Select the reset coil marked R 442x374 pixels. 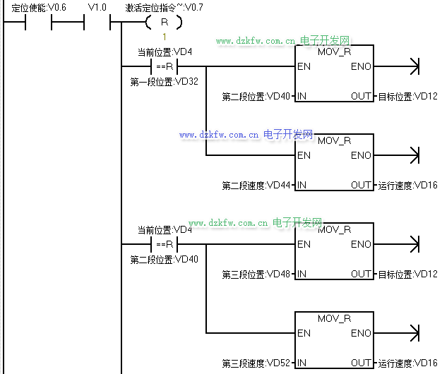pyautogui.click(x=164, y=23)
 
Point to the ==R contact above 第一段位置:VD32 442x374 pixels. pyautogui.click(x=164, y=67)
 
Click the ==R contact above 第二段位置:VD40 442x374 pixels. pyautogui.click(x=164, y=244)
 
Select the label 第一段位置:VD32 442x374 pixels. pyautogui.click(x=165, y=82)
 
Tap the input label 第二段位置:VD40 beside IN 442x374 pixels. pyautogui.click(x=256, y=96)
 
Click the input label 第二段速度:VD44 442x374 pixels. pyautogui.click(x=256, y=185)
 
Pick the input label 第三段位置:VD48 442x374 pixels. pyautogui.click(x=256, y=274)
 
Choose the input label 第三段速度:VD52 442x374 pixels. pyautogui.click(x=256, y=363)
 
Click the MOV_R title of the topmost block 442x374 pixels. pyautogui.click(x=335, y=52)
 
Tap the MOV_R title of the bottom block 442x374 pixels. pyautogui.click(x=335, y=318)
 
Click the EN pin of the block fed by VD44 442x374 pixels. pyautogui.click(x=304, y=155)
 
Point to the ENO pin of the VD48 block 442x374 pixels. pyautogui.click(x=361, y=244)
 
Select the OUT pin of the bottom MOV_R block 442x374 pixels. pyautogui.click(x=361, y=363)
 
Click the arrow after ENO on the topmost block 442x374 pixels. pyautogui.click(x=414, y=67)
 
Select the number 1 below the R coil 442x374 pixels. pyautogui.click(x=164, y=37)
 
